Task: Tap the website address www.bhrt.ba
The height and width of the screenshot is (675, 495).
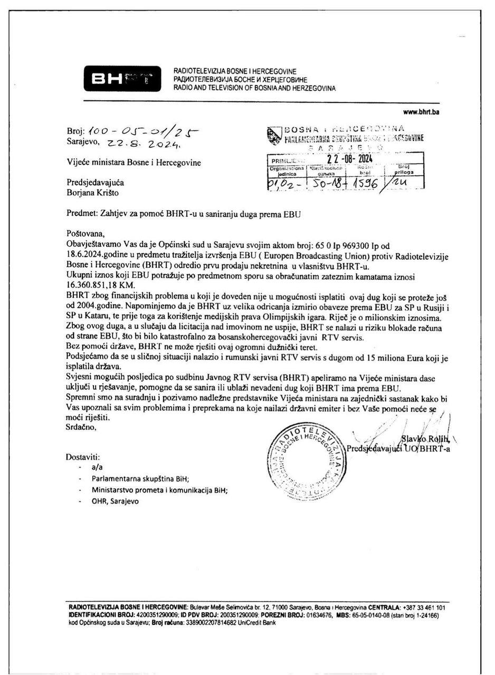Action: tap(421, 112)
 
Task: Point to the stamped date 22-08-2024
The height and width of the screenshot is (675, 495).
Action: tap(349, 158)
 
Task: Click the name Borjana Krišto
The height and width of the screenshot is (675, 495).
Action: tap(93, 193)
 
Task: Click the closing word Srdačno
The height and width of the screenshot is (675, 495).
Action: tap(81, 427)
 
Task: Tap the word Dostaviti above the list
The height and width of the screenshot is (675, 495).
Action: tap(83, 457)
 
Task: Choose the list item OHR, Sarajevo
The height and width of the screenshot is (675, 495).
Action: tap(115, 501)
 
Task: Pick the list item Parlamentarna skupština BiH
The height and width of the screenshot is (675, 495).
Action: tap(140, 479)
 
